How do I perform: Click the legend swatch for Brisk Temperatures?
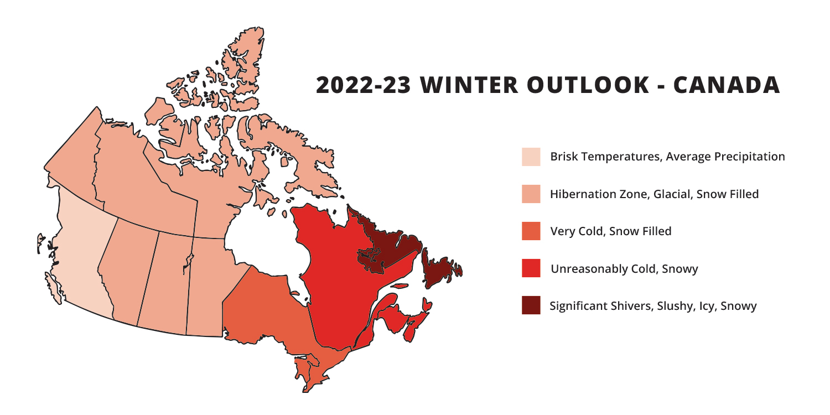coord(531,157)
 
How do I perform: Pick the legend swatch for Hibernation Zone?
coord(531,194)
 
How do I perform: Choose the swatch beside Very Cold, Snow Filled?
coord(531,231)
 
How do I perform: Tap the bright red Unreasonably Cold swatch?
coord(531,268)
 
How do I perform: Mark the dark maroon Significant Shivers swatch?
coord(531,305)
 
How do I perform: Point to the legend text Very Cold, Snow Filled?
coord(611,231)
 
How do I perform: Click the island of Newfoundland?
coord(437,268)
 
